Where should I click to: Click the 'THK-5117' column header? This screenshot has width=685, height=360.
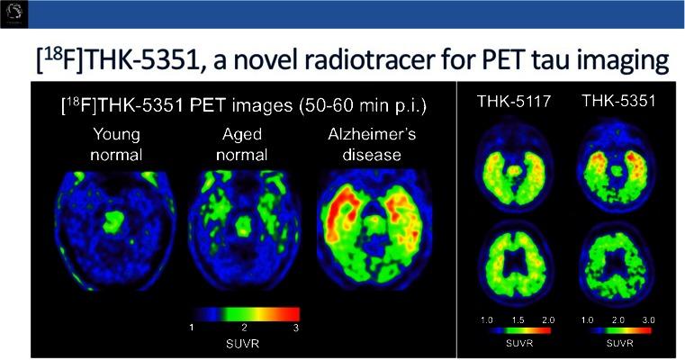(x=509, y=103)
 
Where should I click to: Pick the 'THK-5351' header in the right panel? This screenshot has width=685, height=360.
(x=617, y=102)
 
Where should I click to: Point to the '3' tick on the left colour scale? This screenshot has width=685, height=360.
(x=295, y=329)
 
